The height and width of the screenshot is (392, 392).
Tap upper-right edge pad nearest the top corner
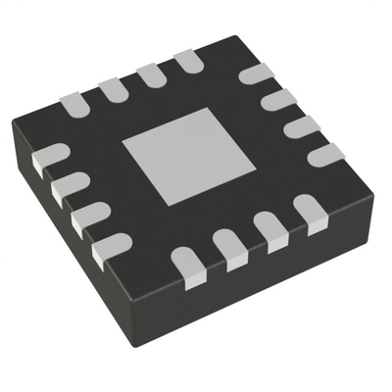click(x=257, y=74)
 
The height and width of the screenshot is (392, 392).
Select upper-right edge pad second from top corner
click(x=279, y=99)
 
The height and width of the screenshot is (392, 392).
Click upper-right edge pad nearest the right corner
click(x=324, y=154)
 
